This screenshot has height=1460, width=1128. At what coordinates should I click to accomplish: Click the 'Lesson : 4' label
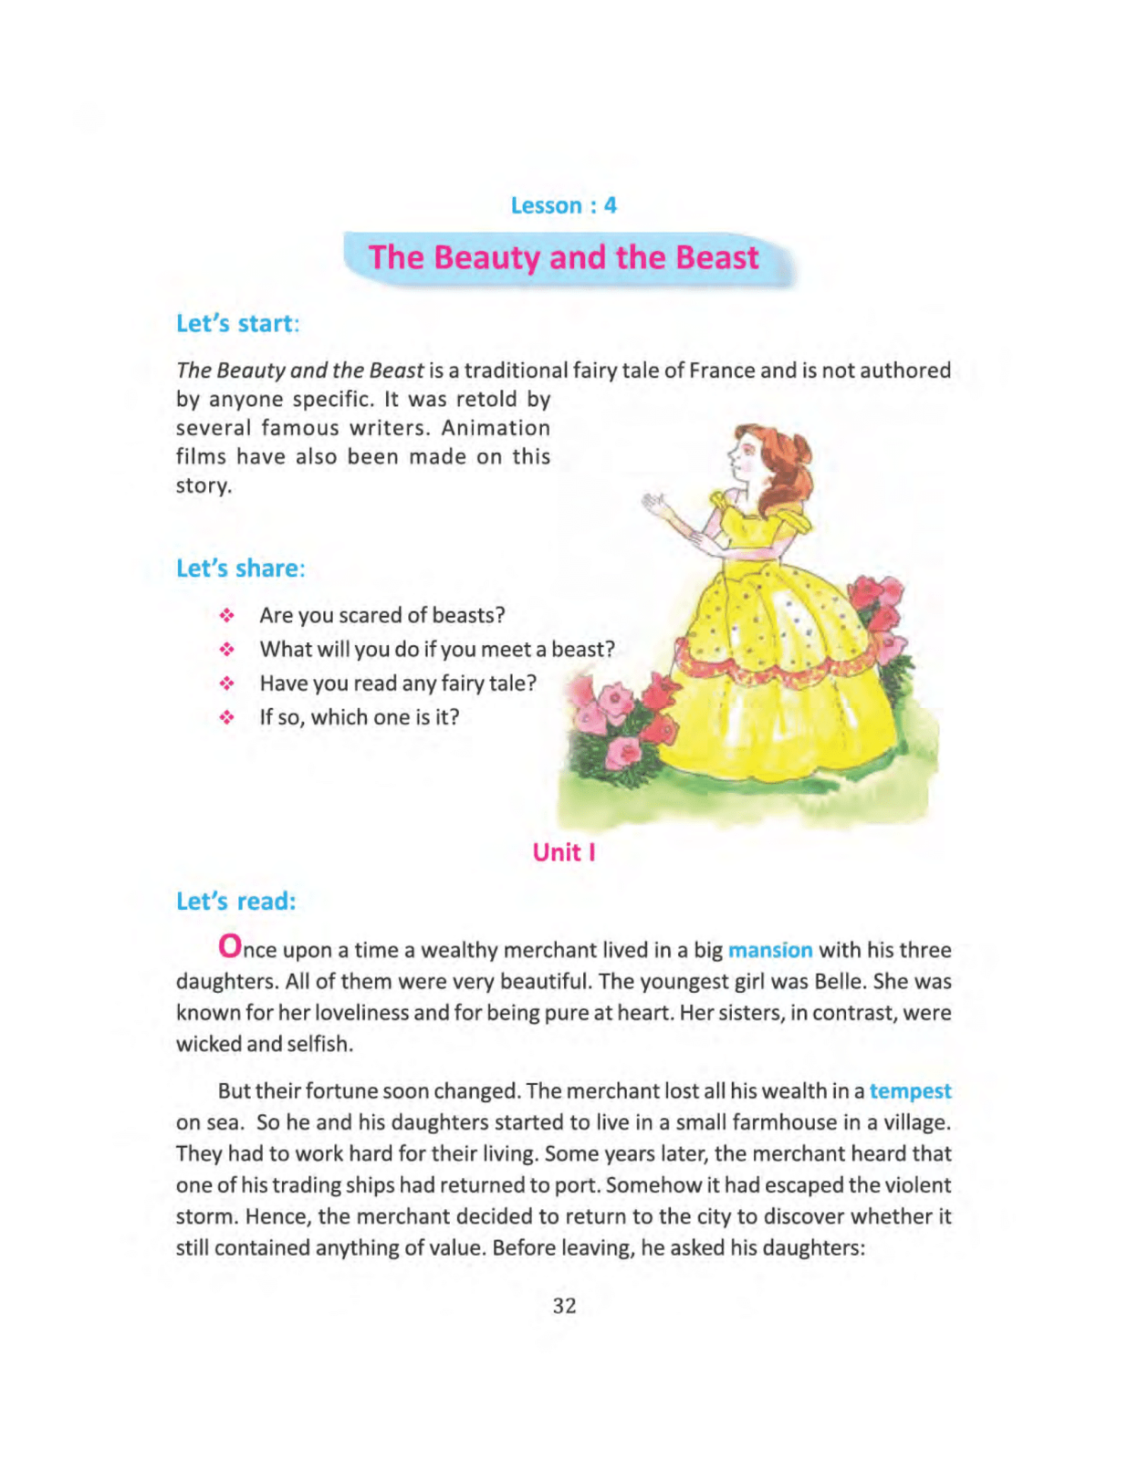[563, 205]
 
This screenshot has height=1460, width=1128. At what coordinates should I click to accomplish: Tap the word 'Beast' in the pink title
[716, 257]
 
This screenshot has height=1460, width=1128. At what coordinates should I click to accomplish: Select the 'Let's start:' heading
[237, 324]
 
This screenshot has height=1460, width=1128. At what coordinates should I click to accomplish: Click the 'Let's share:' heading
[240, 568]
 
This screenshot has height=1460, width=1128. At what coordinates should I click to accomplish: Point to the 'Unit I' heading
[563, 852]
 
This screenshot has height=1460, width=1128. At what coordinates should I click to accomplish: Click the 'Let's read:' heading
[235, 902]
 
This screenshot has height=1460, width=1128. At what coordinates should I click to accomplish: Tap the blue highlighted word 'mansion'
[769, 950]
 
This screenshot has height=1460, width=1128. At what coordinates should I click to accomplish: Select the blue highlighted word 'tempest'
[910, 1091]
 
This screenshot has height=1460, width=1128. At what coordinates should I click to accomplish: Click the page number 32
[564, 1306]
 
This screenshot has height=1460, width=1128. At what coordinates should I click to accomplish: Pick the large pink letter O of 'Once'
[230, 946]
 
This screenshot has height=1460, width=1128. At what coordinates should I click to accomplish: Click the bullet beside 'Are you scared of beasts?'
[227, 616]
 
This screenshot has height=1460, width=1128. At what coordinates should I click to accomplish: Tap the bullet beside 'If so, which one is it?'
[227, 718]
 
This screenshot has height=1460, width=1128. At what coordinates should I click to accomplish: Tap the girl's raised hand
[653, 502]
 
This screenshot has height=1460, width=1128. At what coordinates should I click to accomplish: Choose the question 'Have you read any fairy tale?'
[398, 683]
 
